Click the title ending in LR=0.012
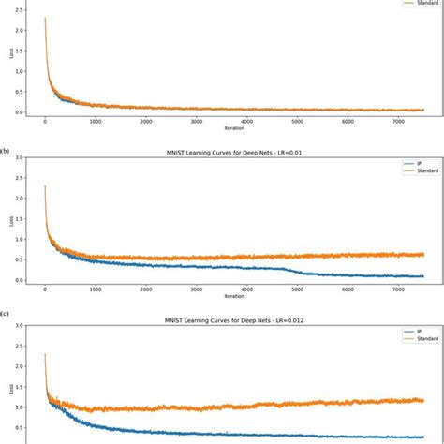(x=234, y=319)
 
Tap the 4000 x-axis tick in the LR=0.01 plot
(x=243, y=289)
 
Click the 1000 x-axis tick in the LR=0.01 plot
(x=95, y=289)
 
